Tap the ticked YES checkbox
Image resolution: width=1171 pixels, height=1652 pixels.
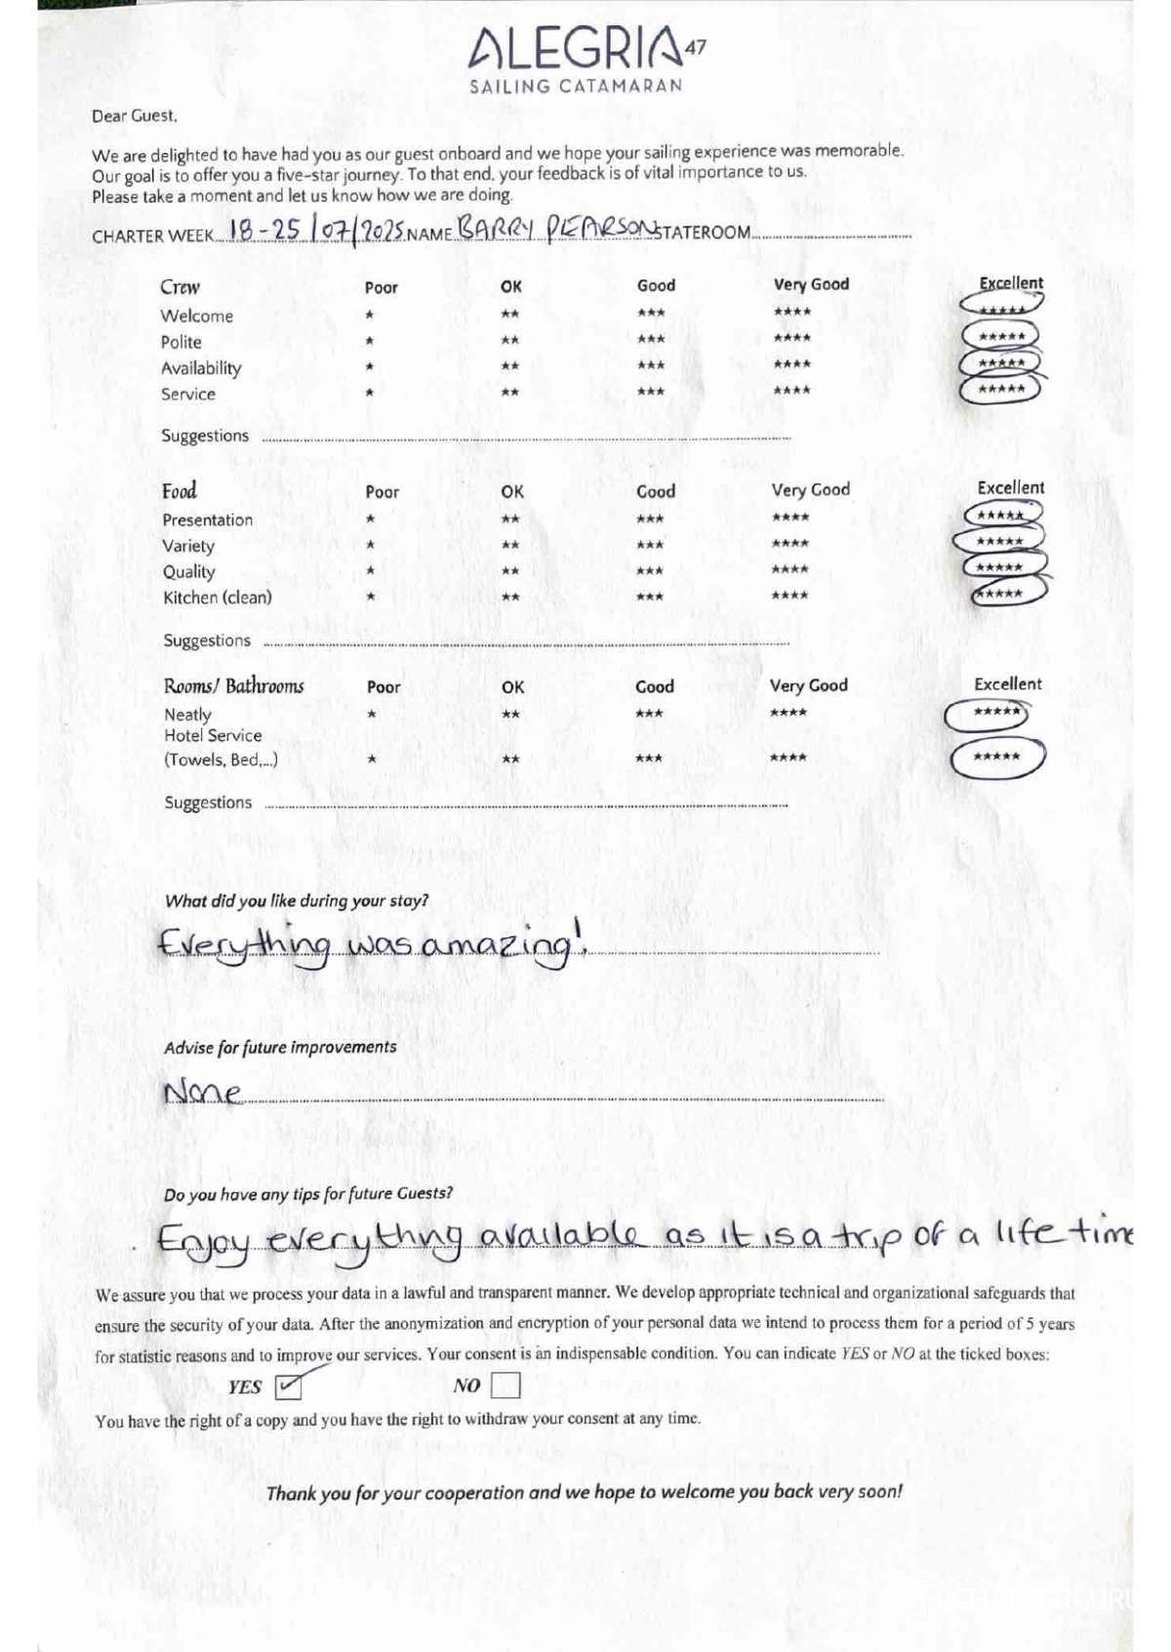pyautogui.click(x=289, y=1385)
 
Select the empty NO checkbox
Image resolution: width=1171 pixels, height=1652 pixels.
pyautogui.click(x=505, y=1385)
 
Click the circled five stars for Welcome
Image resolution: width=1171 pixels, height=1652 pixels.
pyautogui.click(x=1001, y=308)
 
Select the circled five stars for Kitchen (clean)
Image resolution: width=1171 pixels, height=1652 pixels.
pyautogui.click(x=1003, y=593)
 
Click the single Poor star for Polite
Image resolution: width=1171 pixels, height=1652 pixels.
pyautogui.click(x=369, y=341)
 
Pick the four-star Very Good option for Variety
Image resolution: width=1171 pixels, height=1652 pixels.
pyautogui.click(x=789, y=544)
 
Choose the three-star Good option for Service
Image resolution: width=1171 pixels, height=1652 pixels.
pyautogui.click(x=650, y=392)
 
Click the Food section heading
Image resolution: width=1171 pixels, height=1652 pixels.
pyautogui.click(x=180, y=490)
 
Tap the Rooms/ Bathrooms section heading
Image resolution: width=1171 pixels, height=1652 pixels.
pyautogui.click(x=234, y=686)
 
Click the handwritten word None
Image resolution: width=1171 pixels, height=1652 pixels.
pyautogui.click(x=202, y=1091)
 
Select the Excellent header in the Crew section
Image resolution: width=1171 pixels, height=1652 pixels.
pyautogui.click(x=1011, y=283)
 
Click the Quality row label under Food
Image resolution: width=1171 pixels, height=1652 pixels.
pyautogui.click(x=188, y=572)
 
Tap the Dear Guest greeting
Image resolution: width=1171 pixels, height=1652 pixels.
pyautogui.click(x=135, y=116)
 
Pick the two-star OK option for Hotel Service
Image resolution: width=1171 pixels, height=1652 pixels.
pyautogui.click(x=509, y=759)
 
